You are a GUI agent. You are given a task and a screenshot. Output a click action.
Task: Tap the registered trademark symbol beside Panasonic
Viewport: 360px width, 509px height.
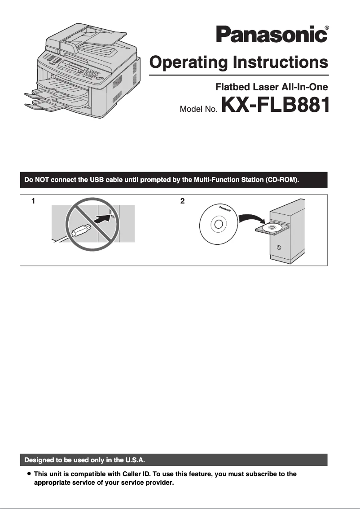pyautogui.click(x=326, y=28)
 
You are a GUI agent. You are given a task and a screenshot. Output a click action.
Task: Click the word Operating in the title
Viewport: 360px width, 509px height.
pyautogui.click(x=188, y=62)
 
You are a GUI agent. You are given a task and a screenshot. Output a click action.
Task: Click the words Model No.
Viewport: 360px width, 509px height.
pyautogui.click(x=198, y=109)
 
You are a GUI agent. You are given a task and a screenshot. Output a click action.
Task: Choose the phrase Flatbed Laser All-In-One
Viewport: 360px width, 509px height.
pyautogui.click(x=272, y=87)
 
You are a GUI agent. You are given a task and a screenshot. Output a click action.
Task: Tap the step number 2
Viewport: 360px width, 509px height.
pyautogui.click(x=182, y=201)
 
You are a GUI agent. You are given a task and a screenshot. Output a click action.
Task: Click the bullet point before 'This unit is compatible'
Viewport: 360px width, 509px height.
pyautogui.click(x=29, y=474)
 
